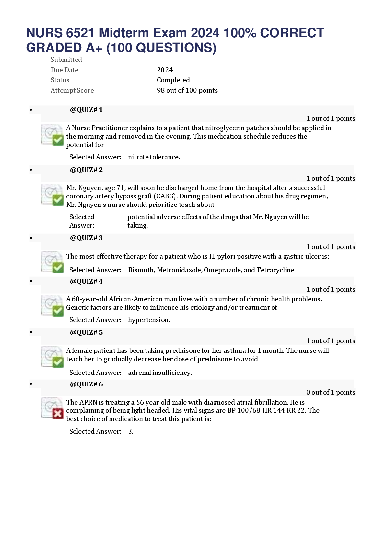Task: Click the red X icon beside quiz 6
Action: (58, 414)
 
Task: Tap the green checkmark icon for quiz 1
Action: (58, 140)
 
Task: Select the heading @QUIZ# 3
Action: (86, 238)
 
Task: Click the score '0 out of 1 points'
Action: (331, 392)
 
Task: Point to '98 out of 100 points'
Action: (187, 90)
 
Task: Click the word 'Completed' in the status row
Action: (173, 80)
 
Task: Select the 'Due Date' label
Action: (64, 70)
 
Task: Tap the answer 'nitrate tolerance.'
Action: (154, 157)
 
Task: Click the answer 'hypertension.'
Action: (149, 320)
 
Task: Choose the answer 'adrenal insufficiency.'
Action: (160, 373)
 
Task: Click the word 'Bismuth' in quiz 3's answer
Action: (142, 270)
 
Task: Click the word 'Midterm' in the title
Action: (124, 33)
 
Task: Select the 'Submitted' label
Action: (66, 59)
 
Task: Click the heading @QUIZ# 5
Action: (86, 332)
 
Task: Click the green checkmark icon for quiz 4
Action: (58, 311)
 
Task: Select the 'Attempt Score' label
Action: (72, 90)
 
